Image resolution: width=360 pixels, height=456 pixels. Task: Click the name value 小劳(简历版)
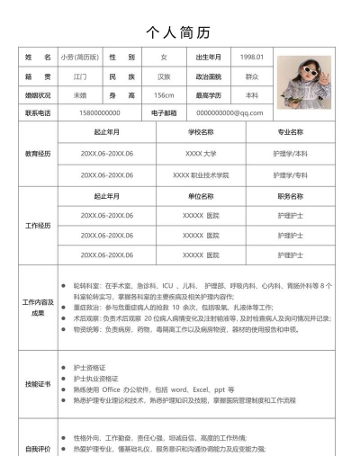tap(80, 58)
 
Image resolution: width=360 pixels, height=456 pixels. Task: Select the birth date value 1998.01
tap(252, 58)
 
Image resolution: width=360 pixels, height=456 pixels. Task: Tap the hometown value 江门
tap(80, 76)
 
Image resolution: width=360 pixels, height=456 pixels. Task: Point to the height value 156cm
tap(164, 94)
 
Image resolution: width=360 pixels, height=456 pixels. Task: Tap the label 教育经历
tap(38, 153)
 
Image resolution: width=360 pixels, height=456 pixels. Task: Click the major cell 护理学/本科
tap(290, 153)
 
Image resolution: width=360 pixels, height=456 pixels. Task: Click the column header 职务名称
tap(290, 196)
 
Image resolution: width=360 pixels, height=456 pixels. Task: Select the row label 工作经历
tap(38, 225)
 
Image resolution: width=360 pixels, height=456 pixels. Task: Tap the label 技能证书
tap(38, 384)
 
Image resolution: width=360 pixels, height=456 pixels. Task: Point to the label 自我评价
tap(38, 447)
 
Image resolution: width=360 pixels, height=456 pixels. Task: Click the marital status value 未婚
tap(80, 94)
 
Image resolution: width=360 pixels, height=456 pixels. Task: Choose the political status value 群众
tap(252, 76)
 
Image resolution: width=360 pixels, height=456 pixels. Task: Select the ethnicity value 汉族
tap(164, 76)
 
